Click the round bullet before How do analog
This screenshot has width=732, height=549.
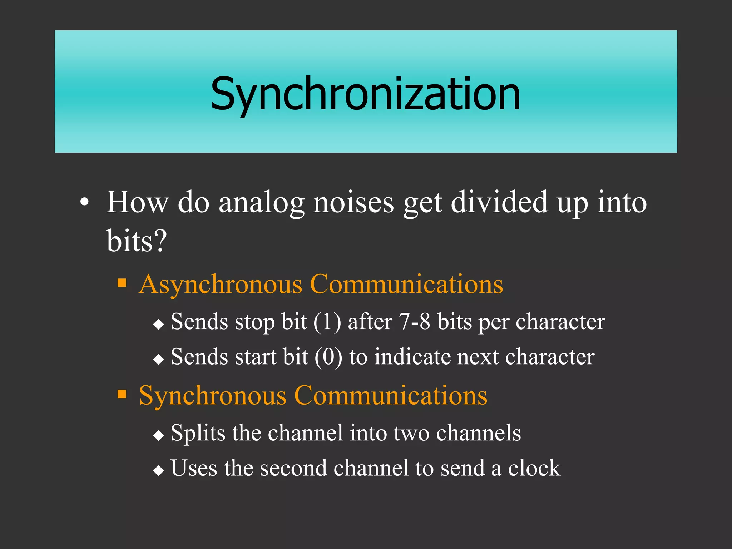(84, 203)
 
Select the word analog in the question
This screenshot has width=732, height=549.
(261, 203)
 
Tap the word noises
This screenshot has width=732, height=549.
(353, 203)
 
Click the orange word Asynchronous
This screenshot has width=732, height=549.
(221, 285)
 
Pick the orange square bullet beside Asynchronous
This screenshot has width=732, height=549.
(122, 283)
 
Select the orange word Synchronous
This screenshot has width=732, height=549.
(213, 396)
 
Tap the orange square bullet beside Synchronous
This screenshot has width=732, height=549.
(122, 394)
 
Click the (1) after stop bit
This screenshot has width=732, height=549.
(327, 322)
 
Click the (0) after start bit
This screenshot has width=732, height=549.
(328, 357)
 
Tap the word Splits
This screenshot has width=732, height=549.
(198, 433)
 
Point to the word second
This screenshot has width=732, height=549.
(293, 468)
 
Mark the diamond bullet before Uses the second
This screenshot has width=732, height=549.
(158, 471)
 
